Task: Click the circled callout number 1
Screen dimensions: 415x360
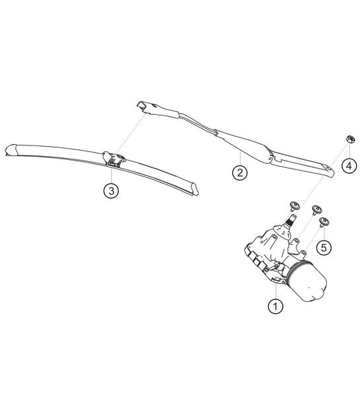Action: click(275, 306)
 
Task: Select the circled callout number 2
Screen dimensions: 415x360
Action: click(239, 173)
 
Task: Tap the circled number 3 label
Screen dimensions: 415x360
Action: click(112, 191)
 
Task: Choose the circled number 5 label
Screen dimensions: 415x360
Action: click(323, 248)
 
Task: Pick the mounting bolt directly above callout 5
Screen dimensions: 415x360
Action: click(324, 223)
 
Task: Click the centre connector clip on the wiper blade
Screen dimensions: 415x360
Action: click(116, 159)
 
